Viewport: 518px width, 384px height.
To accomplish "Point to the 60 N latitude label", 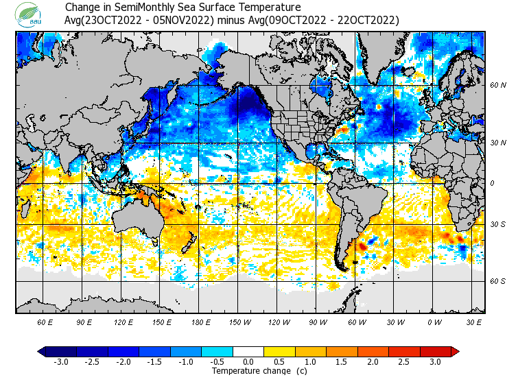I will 498,86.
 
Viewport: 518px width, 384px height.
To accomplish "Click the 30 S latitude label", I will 498,225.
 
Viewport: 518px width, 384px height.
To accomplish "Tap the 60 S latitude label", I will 498,281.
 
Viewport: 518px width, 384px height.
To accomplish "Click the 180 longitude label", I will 200,322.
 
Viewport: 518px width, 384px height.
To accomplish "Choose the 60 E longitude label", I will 45,322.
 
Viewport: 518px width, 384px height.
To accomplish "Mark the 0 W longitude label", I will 434,322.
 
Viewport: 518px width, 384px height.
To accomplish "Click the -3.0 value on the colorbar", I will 60,362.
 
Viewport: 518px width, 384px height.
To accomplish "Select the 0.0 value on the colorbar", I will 248,362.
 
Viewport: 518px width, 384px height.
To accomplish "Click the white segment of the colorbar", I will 248,352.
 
